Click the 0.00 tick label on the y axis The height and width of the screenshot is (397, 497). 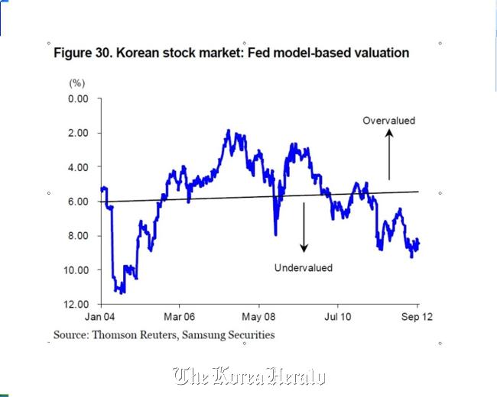[78, 98]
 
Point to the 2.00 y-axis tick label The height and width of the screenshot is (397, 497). [78, 133]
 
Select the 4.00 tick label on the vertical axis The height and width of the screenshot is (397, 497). [78, 167]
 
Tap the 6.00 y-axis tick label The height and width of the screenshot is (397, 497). [78, 202]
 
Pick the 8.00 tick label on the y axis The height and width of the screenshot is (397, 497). [78, 236]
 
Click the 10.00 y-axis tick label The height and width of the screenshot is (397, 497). [76, 270]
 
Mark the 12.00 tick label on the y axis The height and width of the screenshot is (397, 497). [76, 305]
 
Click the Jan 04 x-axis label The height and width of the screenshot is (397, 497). [99, 317]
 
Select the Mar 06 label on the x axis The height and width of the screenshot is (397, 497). [179, 317]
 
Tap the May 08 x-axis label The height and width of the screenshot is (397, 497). [258, 317]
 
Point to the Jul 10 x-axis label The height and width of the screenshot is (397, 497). [337, 317]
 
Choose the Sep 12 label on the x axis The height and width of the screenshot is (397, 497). [417, 317]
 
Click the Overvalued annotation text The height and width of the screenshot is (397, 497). [389, 121]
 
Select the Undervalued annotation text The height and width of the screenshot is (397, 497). [304, 268]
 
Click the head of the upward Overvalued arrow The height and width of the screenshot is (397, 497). [389, 132]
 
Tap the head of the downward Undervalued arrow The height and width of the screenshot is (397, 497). [304, 249]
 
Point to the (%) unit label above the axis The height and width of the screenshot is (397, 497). [77, 83]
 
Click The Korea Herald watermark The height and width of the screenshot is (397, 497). [249, 376]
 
